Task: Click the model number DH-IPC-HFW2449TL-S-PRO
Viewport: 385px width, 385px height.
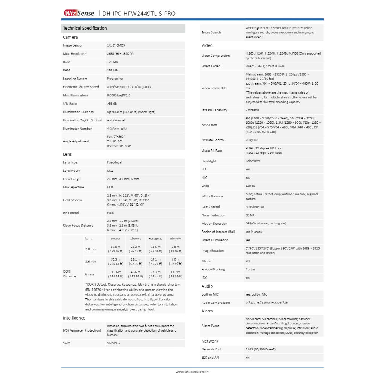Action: pyautogui.click(x=139, y=14)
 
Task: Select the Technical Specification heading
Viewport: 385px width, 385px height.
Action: pyautogui.click(x=85, y=28)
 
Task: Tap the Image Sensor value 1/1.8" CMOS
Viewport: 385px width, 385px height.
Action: pyautogui.click(x=116, y=45)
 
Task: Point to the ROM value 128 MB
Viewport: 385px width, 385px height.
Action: pyautogui.click(x=112, y=62)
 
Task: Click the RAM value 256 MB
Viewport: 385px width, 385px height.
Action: pyautogui.click(x=112, y=70)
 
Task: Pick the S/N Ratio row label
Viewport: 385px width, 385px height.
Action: pyautogui.click(x=70, y=103)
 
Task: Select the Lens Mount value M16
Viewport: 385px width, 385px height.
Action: pyautogui.click(x=110, y=171)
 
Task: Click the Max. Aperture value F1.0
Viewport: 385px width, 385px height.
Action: pyautogui.click(x=111, y=187)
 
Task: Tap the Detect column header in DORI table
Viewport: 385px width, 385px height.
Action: pyautogui.click(x=115, y=239)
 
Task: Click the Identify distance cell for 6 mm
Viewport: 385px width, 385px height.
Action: pyautogui.click(x=175, y=274)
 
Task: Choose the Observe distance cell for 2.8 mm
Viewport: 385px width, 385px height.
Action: pyautogui.click(x=135, y=249)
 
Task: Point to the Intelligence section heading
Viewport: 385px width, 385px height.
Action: pyautogui.click(x=74, y=318)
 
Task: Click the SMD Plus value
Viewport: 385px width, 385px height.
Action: pyautogui.click(x=114, y=343)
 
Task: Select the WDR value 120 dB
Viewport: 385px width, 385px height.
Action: pyautogui.click(x=250, y=186)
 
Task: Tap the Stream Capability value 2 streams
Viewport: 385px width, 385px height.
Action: pyautogui.click(x=252, y=110)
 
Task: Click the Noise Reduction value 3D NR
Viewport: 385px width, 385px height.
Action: pyautogui.click(x=250, y=215)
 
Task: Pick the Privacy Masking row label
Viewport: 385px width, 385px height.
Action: pyautogui.click(x=213, y=270)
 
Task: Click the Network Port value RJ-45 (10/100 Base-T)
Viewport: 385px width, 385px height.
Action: pyautogui.click(x=260, y=349)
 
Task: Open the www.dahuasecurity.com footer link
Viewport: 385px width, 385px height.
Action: pyautogui.click(x=192, y=372)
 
